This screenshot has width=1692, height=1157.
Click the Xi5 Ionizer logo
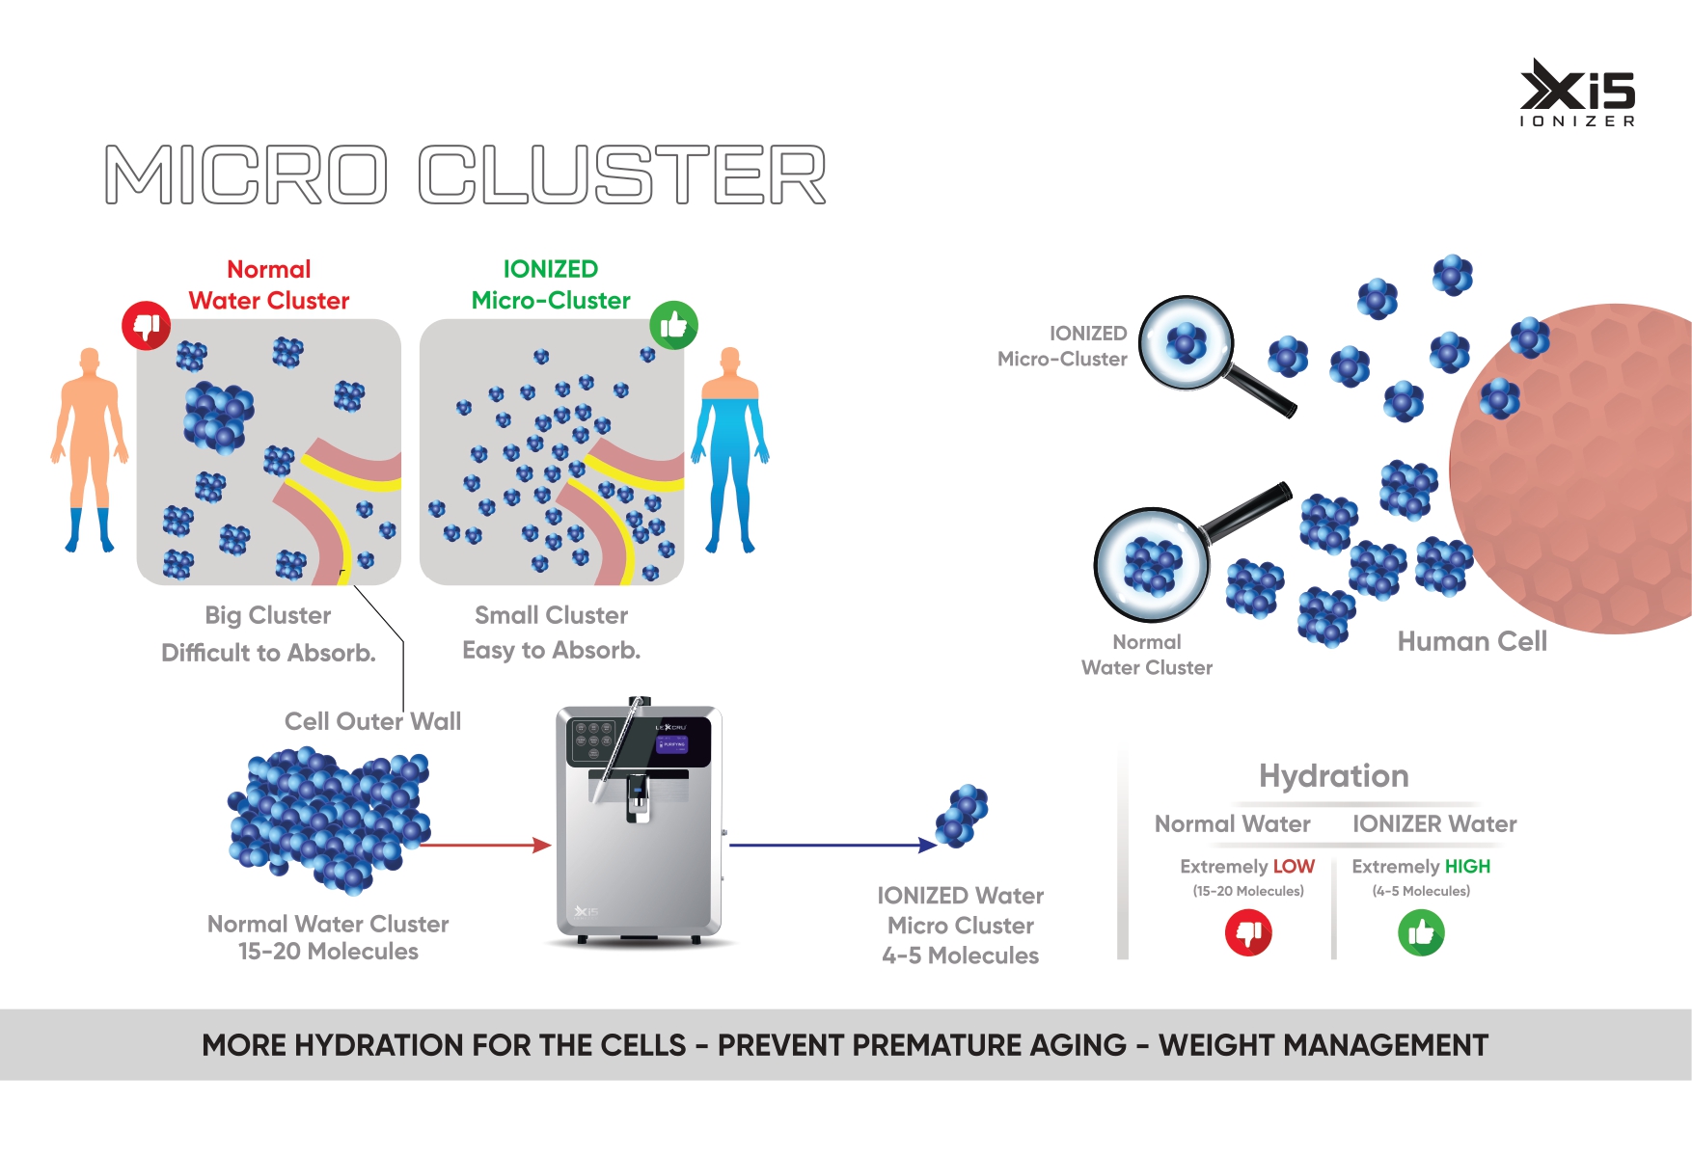click(x=1577, y=93)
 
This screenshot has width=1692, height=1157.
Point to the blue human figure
click(x=730, y=448)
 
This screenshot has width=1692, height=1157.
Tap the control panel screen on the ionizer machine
click(x=671, y=744)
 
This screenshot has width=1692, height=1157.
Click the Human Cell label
click(x=1472, y=641)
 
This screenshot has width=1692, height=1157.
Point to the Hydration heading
click(x=1333, y=776)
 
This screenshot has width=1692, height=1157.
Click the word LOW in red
click(x=1294, y=867)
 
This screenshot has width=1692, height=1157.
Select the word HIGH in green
click(x=1467, y=867)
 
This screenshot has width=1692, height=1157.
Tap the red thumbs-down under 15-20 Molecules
click(x=1248, y=933)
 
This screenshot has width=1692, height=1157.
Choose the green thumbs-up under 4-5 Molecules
click(x=1421, y=933)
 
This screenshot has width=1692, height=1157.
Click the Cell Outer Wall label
click(x=372, y=721)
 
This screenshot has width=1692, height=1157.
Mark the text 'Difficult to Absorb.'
click(x=268, y=653)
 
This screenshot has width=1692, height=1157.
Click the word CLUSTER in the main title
click(x=622, y=175)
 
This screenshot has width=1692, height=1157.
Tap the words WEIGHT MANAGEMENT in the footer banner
click(x=1323, y=1045)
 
